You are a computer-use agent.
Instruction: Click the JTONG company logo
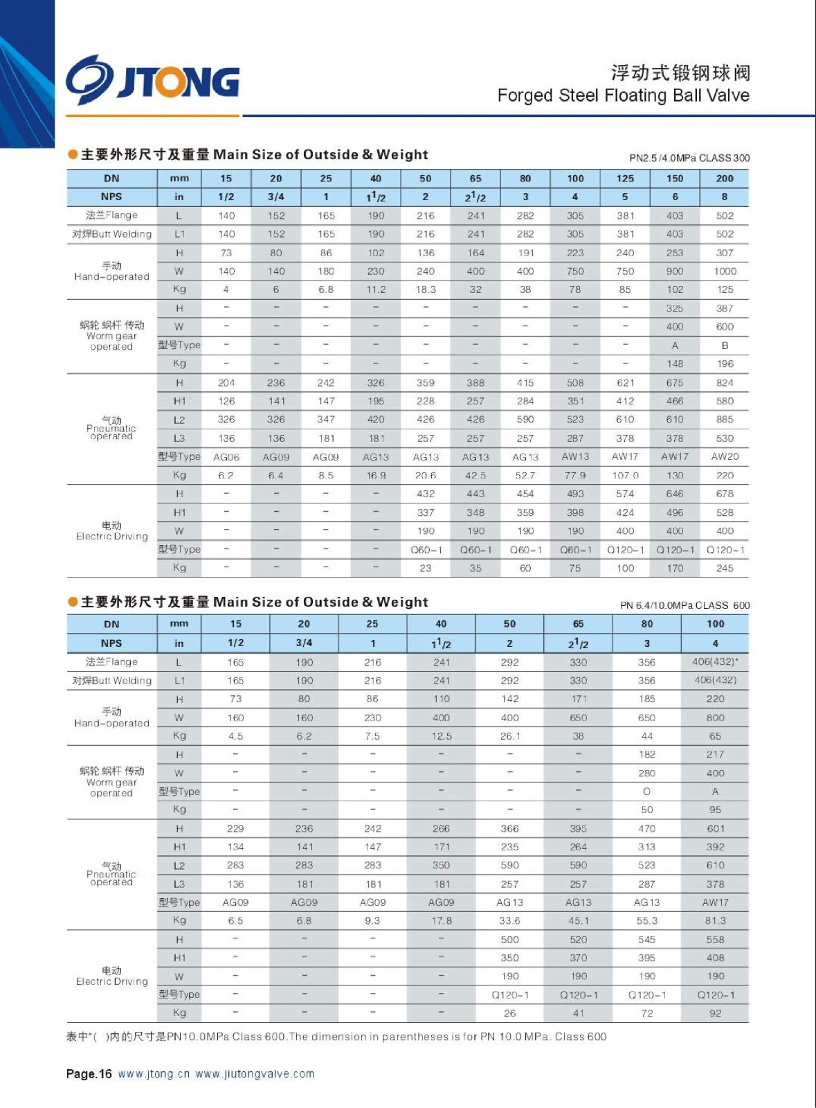coord(153,80)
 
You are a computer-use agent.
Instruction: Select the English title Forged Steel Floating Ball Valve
coord(623,96)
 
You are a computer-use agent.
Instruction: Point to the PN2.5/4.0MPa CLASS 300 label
coord(689,158)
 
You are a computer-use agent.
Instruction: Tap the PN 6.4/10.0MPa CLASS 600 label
coord(684,605)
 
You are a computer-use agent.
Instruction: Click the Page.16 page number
coord(89,1074)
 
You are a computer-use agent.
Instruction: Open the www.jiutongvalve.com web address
coord(255,1074)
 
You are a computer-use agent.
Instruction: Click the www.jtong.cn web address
coord(154,1074)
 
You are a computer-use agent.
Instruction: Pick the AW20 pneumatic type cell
coord(725,456)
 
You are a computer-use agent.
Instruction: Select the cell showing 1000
coord(725,271)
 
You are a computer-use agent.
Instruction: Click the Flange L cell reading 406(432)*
coord(715,662)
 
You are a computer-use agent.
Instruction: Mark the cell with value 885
coord(725,420)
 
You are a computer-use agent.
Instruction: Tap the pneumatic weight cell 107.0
coord(625,476)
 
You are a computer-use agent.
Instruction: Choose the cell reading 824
coord(725,383)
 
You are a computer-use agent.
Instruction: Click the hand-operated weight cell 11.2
coord(376,289)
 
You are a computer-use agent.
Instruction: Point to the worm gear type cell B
coord(725,346)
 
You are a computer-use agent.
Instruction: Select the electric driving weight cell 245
coord(725,568)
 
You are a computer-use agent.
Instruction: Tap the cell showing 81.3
coord(715,921)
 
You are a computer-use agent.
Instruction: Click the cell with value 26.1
coord(509,736)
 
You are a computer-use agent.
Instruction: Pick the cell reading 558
coord(715,940)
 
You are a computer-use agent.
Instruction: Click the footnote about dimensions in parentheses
coord(336,1037)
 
